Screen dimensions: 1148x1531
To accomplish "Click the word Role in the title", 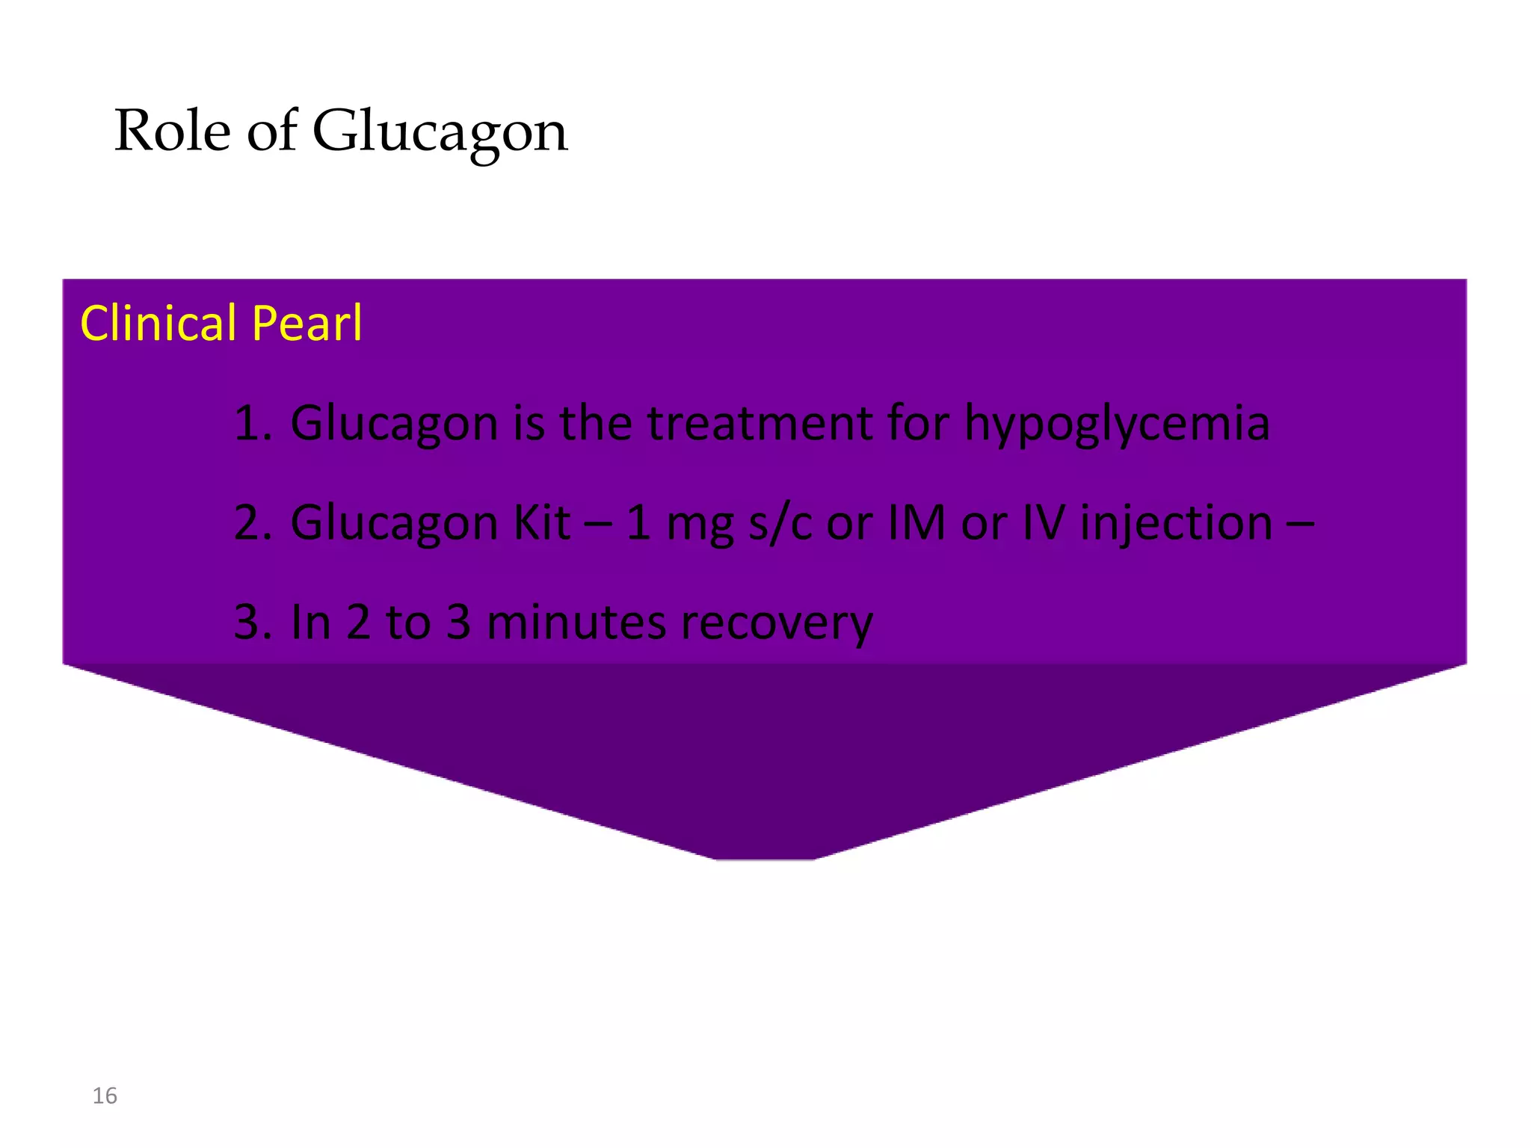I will pyautogui.click(x=173, y=131).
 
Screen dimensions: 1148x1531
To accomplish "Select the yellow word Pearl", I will pyautogui.click(x=306, y=324).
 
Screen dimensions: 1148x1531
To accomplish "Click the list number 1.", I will pyautogui.click(x=251, y=424).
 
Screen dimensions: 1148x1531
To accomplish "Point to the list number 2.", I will pyautogui.click(x=251, y=523).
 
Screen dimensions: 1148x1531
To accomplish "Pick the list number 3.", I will pyautogui.click(x=251, y=623).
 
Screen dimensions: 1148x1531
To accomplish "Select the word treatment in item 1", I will pyautogui.click(x=760, y=424).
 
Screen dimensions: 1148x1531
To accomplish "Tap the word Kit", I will pyautogui.click(x=542, y=522).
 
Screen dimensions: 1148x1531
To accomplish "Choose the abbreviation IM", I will pyautogui.click(x=917, y=522).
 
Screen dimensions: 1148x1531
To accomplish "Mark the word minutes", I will pyautogui.click(x=576, y=623).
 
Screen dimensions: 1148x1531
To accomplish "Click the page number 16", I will pyautogui.click(x=105, y=1096).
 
